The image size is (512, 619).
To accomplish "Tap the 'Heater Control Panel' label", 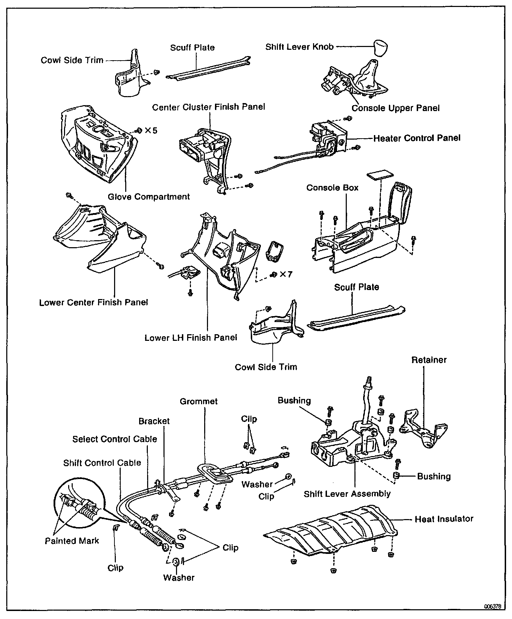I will pyautogui.click(x=417, y=138).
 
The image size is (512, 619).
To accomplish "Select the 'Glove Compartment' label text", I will pyautogui.click(x=149, y=197).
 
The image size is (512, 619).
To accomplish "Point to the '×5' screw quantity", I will pyautogui.click(x=151, y=131).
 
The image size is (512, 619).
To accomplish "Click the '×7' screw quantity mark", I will pyautogui.click(x=286, y=275).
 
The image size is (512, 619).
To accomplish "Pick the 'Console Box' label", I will pyautogui.click(x=332, y=188).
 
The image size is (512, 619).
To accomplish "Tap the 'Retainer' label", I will pyautogui.click(x=429, y=360).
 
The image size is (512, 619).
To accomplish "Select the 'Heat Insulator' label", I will pyautogui.click(x=444, y=519).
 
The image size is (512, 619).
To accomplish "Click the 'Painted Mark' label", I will pyautogui.click(x=72, y=541).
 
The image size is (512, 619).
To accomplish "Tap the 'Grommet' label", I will pyautogui.click(x=199, y=401).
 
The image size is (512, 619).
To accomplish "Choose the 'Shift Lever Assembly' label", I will pyautogui.click(x=347, y=494).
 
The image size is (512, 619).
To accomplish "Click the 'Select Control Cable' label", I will pyautogui.click(x=115, y=439).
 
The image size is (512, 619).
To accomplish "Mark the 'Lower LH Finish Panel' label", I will pyautogui.click(x=191, y=337).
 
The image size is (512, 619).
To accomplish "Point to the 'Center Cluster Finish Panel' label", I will pyautogui.click(x=209, y=107).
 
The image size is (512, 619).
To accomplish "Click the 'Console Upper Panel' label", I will pyautogui.click(x=395, y=108).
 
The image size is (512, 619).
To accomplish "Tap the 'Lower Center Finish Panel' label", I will pyautogui.click(x=94, y=302).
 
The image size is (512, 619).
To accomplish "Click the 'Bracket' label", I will pyautogui.click(x=154, y=421).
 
